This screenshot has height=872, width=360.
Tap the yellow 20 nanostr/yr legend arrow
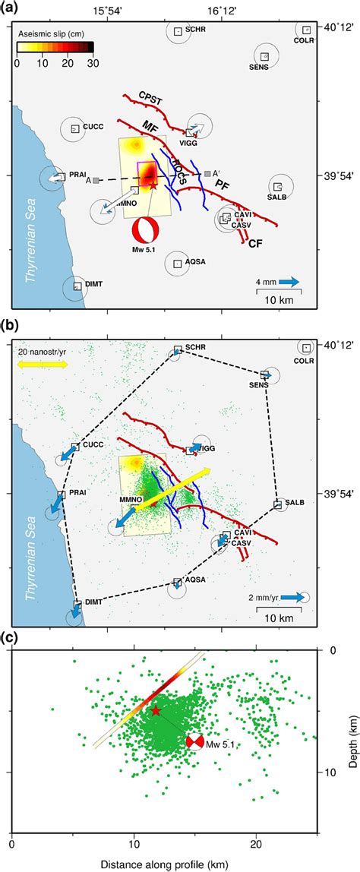[43, 364]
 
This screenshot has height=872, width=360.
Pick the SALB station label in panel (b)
[295, 503]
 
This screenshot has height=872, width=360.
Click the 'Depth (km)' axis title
[350, 709]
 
